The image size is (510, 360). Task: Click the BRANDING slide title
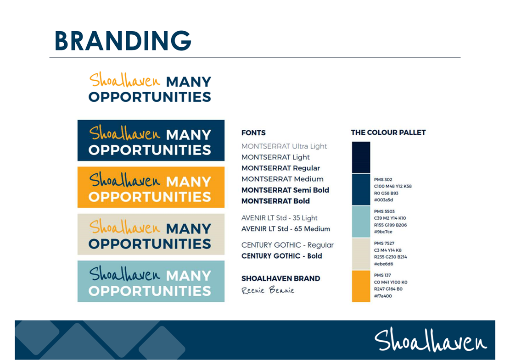(123, 41)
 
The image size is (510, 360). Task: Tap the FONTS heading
(253, 133)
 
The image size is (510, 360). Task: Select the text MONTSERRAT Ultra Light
(284, 146)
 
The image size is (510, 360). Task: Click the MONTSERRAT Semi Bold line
(285, 190)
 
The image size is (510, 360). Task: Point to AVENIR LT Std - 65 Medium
(286, 229)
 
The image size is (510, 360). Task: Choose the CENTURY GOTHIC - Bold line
(282, 256)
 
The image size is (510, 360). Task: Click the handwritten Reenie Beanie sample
(268, 290)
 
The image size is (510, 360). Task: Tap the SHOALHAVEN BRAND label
(280, 278)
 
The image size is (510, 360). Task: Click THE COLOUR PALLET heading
(388, 133)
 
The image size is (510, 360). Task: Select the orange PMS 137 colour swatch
(361, 286)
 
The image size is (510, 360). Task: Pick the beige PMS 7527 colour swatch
(361, 254)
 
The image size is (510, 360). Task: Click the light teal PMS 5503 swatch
(361, 222)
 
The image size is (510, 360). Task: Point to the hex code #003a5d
(383, 200)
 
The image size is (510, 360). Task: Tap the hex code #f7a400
(383, 296)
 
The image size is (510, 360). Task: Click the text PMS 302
(383, 179)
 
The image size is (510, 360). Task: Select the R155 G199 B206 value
(390, 225)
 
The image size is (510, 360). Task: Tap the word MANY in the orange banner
(189, 182)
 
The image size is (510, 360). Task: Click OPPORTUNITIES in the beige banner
(150, 244)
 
